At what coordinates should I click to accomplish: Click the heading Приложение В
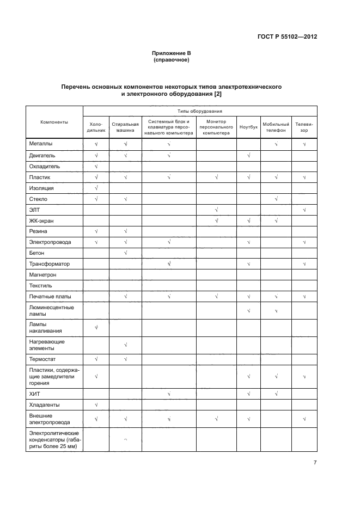pyautogui.click(x=172, y=53)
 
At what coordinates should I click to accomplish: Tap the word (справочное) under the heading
pyautogui.click(x=172, y=60)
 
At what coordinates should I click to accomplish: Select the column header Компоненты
pyautogui.click(x=54, y=122)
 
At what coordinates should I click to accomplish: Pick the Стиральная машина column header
pyautogui.click(x=125, y=127)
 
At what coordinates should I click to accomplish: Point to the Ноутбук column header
pyautogui.click(x=248, y=127)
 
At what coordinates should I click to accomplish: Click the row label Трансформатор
pyautogui.click(x=48, y=263)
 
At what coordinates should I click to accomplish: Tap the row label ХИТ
pyautogui.click(x=34, y=394)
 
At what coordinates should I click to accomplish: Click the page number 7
pyautogui.click(x=315, y=462)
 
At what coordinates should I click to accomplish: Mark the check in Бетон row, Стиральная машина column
pyautogui.click(x=125, y=253)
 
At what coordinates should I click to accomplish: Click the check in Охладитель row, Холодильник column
pyautogui.click(x=96, y=166)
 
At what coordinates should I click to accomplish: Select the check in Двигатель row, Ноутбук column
pyautogui.click(x=248, y=156)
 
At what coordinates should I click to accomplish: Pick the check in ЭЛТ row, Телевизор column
pyautogui.click(x=304, y=210)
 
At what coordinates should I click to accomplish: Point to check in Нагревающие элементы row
pyautogui.click(x=125, y=345)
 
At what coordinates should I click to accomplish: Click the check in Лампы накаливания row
pyautogui.click(x=96, y=327)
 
